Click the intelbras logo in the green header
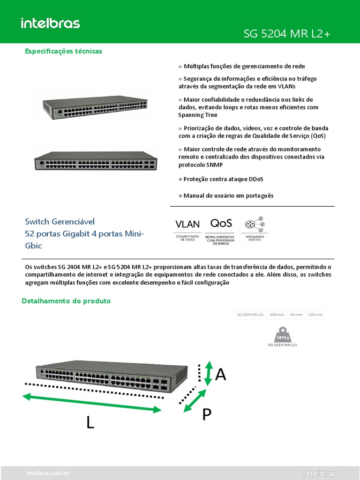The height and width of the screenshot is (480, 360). (50, 23)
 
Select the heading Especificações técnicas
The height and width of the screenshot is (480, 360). (63, 51)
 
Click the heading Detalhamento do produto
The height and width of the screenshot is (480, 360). (66, 301)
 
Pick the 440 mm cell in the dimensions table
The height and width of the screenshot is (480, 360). (277, 315)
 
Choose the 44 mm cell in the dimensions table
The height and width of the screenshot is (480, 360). (296, 315)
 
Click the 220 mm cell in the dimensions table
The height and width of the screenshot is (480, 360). (315, 315)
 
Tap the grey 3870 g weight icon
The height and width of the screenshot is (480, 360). (283, 335)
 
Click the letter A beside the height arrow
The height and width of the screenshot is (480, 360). (220, 375)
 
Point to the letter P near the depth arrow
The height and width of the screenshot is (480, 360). (207, 414)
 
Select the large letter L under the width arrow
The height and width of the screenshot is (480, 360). (90, 423)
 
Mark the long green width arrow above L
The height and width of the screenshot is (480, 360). (92, 403)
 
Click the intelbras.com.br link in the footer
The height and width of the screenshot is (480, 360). (48, 473)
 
